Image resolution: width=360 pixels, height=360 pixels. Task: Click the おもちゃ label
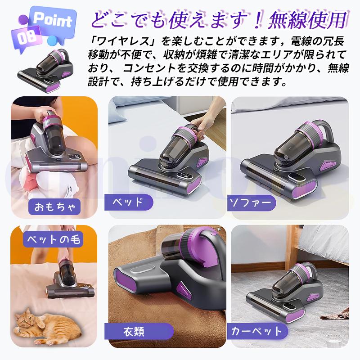tap(53, 207)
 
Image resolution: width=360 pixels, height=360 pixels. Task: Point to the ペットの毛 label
tap(53, 239)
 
